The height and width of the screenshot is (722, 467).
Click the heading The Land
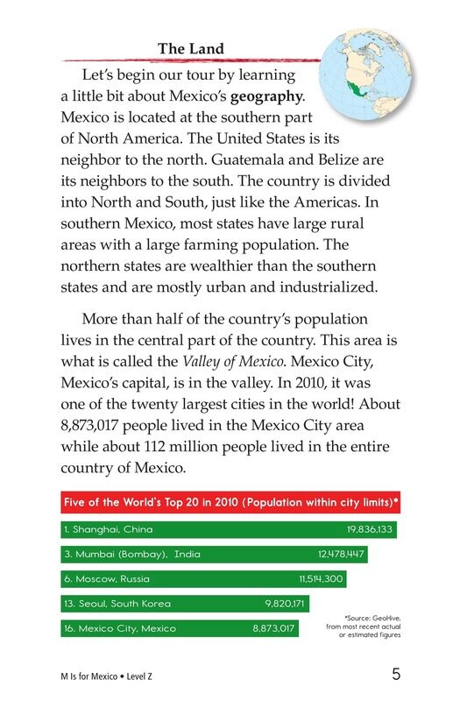point(190,49)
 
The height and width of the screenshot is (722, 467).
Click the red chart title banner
point(230,503)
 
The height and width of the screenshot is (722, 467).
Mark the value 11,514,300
point(322,579)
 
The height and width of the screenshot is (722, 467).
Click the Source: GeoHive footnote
point(362,627)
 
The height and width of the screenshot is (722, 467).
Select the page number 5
point(396,675)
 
